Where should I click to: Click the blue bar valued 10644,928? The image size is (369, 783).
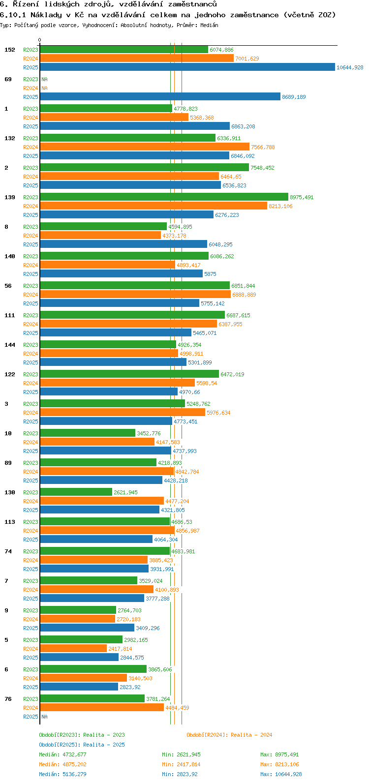tap(187, 67)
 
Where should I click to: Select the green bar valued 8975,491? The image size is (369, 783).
tap(164, 197)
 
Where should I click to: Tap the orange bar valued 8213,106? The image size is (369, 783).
tap(153, 206)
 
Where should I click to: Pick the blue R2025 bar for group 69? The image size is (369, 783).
tap(160, 97)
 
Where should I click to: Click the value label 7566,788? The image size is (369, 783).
tap(263, 147)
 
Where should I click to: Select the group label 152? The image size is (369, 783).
tap(10, 50)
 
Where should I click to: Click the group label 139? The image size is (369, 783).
tap(10, 197)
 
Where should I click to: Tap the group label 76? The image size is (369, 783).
tap(8, 699)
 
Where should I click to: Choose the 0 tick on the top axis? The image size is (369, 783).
tap(40, 40)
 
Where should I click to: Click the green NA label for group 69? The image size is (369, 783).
tap(44, 79)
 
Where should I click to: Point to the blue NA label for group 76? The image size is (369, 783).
tap(44, 717)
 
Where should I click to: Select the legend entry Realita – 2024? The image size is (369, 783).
tap(229, 735)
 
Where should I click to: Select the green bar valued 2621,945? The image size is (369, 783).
tap(76, 492)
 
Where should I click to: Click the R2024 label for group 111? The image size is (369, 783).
tap(31, 324)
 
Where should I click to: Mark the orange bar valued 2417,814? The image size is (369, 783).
tap(73, 649)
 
